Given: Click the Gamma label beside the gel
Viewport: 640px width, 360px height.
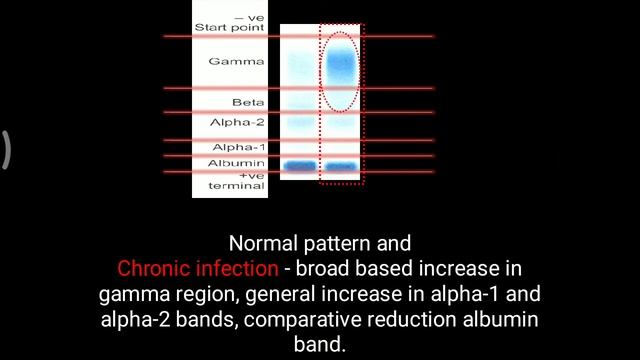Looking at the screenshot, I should [236, 62].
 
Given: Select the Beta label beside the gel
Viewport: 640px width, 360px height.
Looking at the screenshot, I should [248, 103].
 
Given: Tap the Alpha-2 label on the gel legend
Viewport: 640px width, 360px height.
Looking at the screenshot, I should [237, 122].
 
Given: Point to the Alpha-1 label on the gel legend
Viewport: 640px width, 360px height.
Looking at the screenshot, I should [237, 147].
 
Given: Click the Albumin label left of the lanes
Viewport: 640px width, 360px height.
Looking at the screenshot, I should [236, 163].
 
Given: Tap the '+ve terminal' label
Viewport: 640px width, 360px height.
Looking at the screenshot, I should [236, 181].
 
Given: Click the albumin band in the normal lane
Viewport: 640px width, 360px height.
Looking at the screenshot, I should [299, 166].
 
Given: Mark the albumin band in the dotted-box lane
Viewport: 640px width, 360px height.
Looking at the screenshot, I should [341, 166].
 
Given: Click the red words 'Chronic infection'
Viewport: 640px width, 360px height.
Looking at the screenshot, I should [197, 269].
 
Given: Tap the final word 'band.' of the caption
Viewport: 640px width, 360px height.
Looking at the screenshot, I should [319, 345].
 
